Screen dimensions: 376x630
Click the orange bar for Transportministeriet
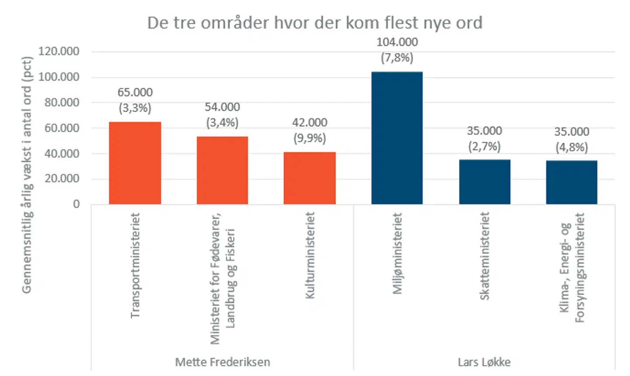[135, 163]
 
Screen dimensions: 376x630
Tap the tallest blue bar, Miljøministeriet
[397, 138]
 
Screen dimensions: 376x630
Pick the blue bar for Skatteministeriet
[484, 182]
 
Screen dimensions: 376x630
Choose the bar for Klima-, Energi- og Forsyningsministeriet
[571, 182]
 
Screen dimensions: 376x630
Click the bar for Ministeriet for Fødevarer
[222, 170]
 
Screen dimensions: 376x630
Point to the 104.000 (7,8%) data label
[397, 50]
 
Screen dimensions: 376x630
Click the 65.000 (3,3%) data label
[135, 100]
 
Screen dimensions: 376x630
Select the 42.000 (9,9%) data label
[309, 130]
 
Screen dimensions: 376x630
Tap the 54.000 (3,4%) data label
[222, 115]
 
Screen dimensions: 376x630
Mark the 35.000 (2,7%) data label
[484, 138]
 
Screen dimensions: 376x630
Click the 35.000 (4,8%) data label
[571, 139]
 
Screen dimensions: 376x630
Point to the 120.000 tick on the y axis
[59, 51]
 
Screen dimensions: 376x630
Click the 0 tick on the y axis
[76, 204]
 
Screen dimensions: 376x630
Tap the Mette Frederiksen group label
[222, 362]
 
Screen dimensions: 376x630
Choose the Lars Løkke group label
[484, 362]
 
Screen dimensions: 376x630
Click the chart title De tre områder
[315, 23]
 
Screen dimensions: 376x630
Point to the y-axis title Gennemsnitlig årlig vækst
[27, 175]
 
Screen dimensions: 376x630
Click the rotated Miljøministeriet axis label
[397, 253]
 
